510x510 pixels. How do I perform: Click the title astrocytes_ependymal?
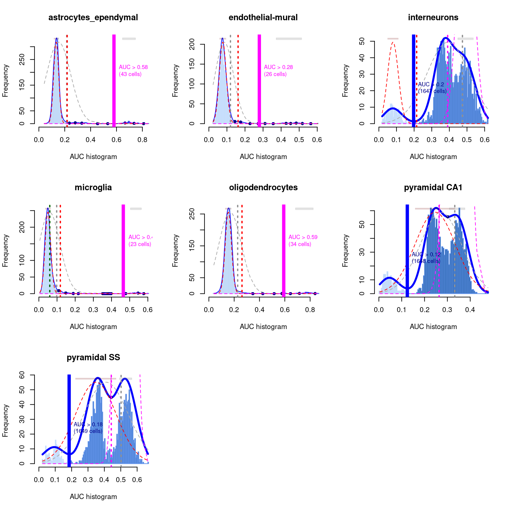[93, 18]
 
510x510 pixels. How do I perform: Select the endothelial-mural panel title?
[263, 18]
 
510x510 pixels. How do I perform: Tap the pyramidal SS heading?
[93, 358]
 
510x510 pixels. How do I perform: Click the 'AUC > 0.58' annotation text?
[133, 67]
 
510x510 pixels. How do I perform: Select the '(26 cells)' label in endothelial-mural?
[275, 74]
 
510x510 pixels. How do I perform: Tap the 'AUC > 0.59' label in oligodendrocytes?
[303, 237]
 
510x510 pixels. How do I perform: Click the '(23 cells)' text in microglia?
[140, 244]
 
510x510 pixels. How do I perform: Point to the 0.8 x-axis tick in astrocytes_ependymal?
[142, 140]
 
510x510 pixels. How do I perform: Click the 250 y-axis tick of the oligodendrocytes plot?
[192, 214]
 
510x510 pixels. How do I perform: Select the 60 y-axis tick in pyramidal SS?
[22, 375]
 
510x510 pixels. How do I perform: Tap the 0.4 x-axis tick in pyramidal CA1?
[470, 310]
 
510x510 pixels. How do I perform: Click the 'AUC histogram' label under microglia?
[93, 327]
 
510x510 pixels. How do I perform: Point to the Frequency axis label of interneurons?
[345, 81]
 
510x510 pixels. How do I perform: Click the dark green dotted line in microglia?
[50, 252]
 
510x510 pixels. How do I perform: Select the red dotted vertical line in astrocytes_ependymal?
[67, 80]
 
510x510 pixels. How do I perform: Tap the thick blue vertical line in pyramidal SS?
[69, 422]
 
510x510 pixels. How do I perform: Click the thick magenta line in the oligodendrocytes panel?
[284, 252]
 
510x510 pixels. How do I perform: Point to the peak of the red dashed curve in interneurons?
[393, 42]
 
